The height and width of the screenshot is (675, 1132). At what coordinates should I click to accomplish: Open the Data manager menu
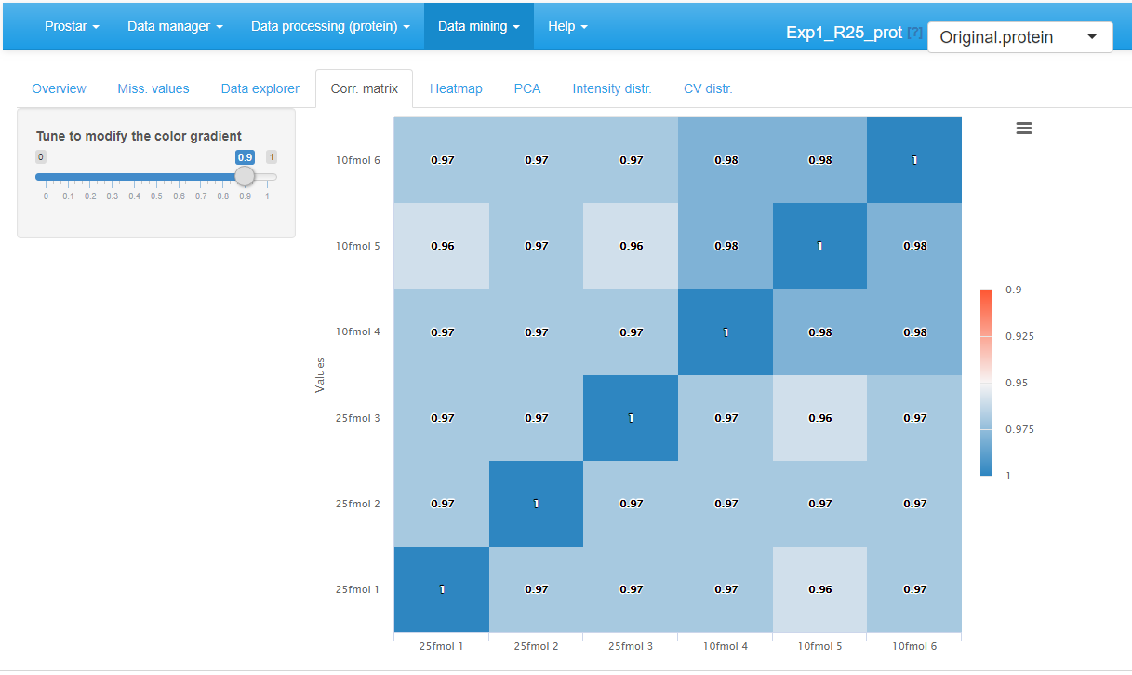pos(175,26)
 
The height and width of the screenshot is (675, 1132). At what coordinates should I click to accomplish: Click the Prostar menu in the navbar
pos(72,26)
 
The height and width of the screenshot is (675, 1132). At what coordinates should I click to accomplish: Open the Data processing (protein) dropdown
pos(330,26)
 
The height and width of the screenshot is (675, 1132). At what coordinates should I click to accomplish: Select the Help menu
pos(567,26)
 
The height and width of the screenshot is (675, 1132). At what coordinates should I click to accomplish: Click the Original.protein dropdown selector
pos(1019,37)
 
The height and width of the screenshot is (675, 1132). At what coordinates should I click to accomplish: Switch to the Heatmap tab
pos(456,88)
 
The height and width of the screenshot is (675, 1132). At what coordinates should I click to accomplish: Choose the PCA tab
pos(527,88)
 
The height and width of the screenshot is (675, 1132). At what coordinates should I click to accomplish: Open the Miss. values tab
pos(153,88)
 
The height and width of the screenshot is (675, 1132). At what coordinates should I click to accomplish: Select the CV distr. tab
pos(708,88)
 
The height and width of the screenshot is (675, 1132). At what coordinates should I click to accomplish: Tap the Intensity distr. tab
pos(612,88)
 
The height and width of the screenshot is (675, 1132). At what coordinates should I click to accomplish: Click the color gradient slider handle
pos(245,176)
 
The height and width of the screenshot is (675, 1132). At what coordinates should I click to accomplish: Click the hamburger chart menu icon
pos(1024,128)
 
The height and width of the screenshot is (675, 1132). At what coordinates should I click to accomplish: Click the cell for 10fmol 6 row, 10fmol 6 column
pos(914,160)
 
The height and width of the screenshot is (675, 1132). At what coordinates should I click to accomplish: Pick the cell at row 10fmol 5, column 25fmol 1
pos(442,246)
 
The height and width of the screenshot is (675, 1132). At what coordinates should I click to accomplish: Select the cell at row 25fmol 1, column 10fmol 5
pos(819,589)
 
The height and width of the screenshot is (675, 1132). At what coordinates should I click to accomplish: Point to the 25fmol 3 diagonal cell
pos(631,418)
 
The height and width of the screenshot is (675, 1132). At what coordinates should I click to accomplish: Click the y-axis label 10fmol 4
pos(358,332)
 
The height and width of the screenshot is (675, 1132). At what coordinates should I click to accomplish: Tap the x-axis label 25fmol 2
pos(536,646)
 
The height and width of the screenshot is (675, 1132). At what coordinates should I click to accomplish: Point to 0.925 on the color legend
pos(1019,336)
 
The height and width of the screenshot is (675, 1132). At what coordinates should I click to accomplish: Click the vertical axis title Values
pos(320,374)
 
